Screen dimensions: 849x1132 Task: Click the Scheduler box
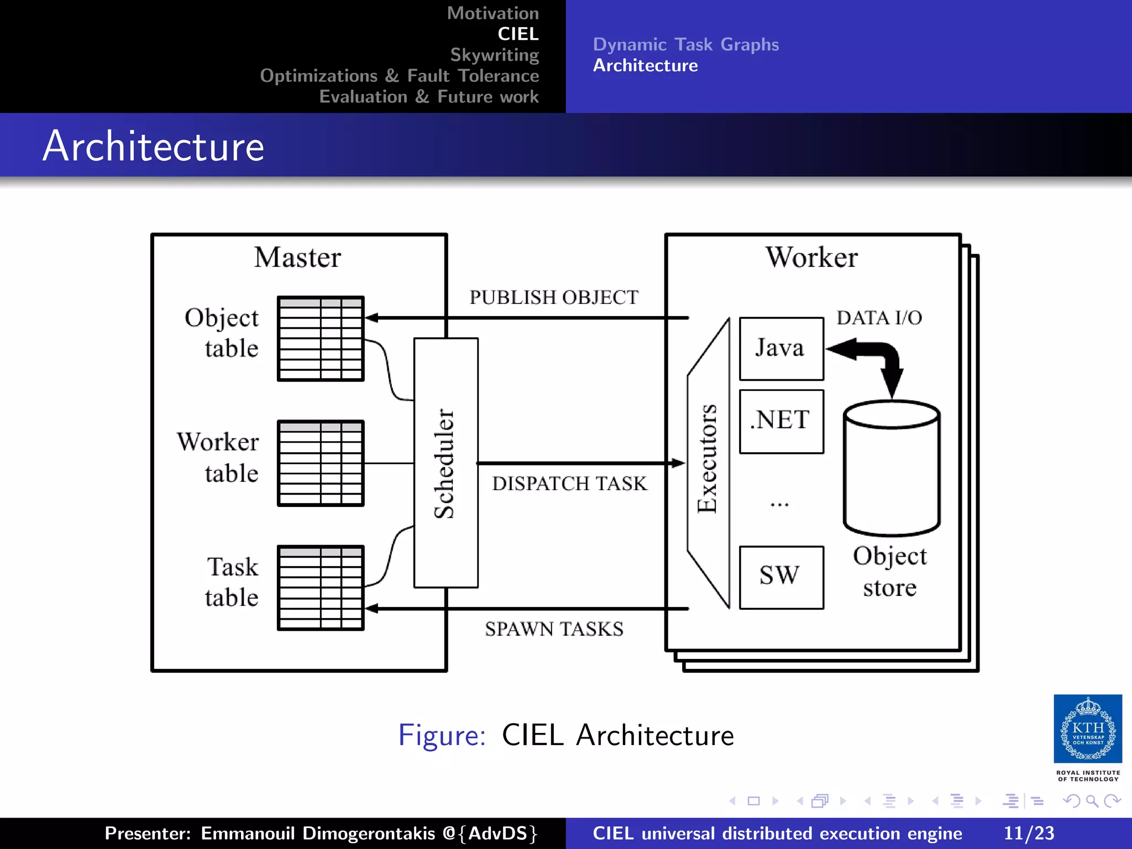446,463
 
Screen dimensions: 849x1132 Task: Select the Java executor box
781,349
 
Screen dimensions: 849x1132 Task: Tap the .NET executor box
781,421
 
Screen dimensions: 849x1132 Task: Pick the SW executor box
781,577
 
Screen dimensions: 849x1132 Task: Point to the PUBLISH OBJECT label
554,297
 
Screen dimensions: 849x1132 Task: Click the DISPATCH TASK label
569,484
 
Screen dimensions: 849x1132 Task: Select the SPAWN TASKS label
554,629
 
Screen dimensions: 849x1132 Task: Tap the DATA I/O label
879,318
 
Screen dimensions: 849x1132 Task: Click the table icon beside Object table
321,339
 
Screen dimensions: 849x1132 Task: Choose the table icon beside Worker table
321,463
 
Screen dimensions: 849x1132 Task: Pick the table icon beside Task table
321,588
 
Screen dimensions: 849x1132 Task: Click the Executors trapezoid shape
708,463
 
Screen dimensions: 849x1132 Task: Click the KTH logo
1087,729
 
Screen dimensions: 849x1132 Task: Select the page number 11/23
1029,833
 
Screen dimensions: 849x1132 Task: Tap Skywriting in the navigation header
494,55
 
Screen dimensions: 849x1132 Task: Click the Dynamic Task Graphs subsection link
685,44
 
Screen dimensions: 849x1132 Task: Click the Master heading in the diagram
297,258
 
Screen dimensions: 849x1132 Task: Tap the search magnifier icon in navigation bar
1092,801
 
